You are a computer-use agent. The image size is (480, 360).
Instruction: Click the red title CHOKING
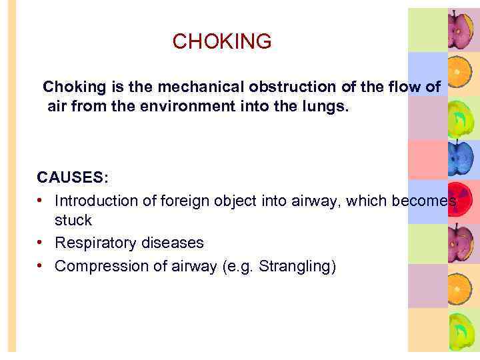click(222, 41)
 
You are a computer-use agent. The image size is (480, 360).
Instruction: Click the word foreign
click(184, 201)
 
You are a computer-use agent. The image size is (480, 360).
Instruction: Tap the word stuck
click(73, 220)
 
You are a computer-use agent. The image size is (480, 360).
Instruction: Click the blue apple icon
click(460, 158)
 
